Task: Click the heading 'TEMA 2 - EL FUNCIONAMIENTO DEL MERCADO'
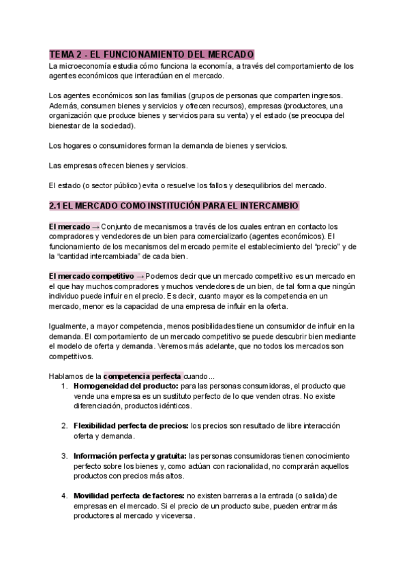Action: (x=152, y=54)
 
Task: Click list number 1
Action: (x=63, y=386)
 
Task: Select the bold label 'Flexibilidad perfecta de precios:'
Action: (x=131, y=425)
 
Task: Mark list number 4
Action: (x=63, y=495)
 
